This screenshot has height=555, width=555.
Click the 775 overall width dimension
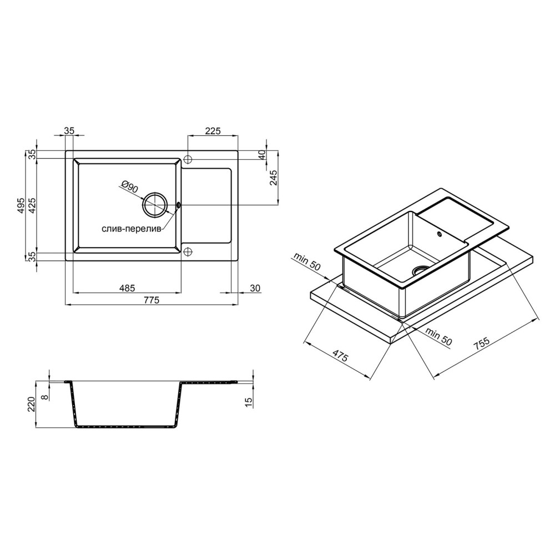(152, 300)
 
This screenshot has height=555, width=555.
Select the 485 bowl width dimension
(127, 288)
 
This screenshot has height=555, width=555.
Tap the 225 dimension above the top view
(213, 131)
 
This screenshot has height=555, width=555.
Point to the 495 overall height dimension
(21, 205)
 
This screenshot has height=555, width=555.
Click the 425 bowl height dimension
(32, 205)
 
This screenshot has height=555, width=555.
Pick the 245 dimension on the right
(273, 178)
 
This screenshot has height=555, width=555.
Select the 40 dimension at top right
(263, 155)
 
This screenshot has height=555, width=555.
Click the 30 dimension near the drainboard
(255, 288)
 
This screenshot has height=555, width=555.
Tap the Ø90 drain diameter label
(129, 186)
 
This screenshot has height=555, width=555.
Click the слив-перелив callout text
(132, 229)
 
